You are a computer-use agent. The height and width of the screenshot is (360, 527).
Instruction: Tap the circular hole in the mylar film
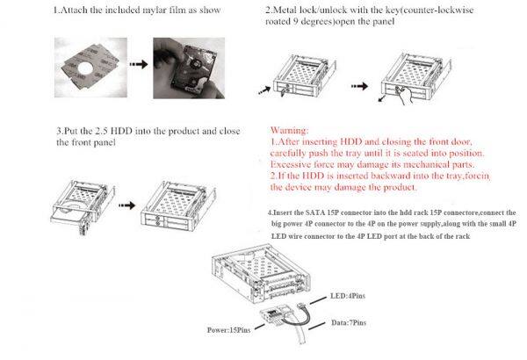(85, 68)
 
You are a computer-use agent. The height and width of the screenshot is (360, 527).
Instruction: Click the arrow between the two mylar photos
(139, 64)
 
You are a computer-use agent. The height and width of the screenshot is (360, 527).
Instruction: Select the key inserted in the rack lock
(284, 91)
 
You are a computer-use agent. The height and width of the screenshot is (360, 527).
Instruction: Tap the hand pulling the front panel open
(403, 94)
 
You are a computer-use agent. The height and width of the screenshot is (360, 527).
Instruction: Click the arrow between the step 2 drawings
(359, 86)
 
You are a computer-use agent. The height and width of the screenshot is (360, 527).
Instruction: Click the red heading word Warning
(289, 131)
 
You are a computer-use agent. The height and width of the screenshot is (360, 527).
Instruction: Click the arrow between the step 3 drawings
(127, 205)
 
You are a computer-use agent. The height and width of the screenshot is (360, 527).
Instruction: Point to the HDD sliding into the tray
(69, 215)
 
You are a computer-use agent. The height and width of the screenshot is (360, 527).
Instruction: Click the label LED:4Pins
(348, 296)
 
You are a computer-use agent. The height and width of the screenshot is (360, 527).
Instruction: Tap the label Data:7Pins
(349, 323)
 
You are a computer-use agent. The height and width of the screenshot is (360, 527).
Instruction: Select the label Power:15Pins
(228, 330)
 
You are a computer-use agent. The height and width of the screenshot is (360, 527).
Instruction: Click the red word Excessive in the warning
(290, 165)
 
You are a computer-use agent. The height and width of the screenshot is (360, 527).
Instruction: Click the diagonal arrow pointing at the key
(264, 90)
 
